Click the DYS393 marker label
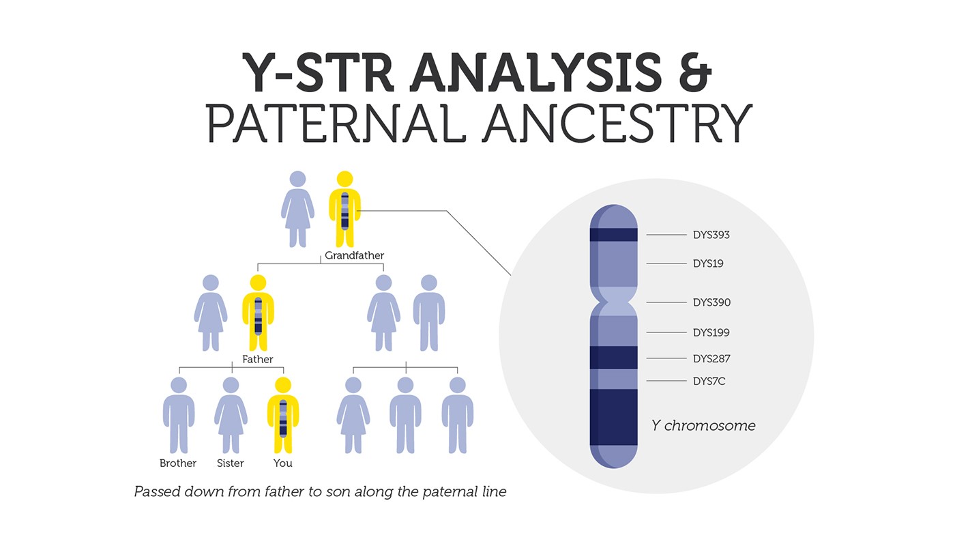tap(711, 235)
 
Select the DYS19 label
tap(708, 263)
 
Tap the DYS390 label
tap(711, 302)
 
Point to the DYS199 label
tap(711, 332)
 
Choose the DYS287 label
tap(711, 358)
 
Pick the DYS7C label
tap(709, 381)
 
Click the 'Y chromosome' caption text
tap(703, 425)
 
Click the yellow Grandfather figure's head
tap(344, 179)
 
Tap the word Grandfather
tap(354, 255)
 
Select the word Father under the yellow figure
tap(258, 359)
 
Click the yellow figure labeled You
tap(282, 415)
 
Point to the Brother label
tap(178, 463)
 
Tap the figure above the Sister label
tap(231, 415)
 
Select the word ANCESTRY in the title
tap(617, 123)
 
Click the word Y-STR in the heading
tap(318, 72)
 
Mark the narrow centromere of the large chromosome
tap(613, 302)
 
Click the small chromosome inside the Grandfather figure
tap(344, 211)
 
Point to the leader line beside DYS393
tap(666, 235)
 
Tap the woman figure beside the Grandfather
tap(297, 209)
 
